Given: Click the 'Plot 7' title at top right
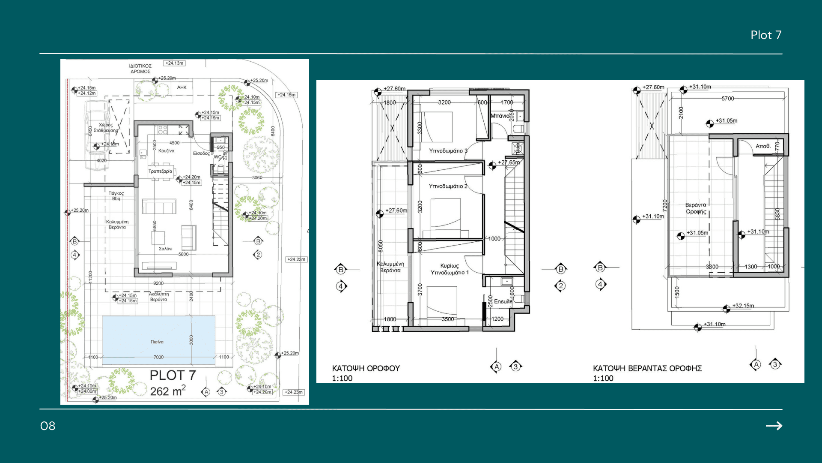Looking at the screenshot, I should [765, 35].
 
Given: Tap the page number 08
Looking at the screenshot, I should [48, 426].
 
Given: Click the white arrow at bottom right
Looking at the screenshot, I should [774, 426].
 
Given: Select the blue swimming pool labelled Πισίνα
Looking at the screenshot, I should [158, 339].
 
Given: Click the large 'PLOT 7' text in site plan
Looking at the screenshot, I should [173, 376].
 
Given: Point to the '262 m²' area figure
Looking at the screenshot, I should [167, 391].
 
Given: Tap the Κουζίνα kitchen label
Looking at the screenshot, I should [166, 151].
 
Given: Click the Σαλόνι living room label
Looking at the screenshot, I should [165, 249].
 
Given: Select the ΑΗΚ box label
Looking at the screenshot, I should [182, 87].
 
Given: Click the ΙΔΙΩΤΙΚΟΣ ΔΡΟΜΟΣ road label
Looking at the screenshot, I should [140, 69].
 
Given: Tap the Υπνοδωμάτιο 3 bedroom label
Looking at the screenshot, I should [448, 151].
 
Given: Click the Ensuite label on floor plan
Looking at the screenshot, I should [503, 301].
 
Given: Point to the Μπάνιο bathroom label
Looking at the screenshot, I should [500, 116].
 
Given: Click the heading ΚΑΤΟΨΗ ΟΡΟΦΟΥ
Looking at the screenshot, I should [366, 368].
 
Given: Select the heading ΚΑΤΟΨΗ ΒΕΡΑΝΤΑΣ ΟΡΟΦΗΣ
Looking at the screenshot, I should [647, 368].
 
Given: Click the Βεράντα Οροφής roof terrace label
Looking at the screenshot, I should [696, 208].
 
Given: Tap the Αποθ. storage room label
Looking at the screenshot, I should [763, 146].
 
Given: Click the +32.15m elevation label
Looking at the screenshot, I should [743, 306].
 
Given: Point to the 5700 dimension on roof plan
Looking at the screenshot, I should [727, 99].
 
